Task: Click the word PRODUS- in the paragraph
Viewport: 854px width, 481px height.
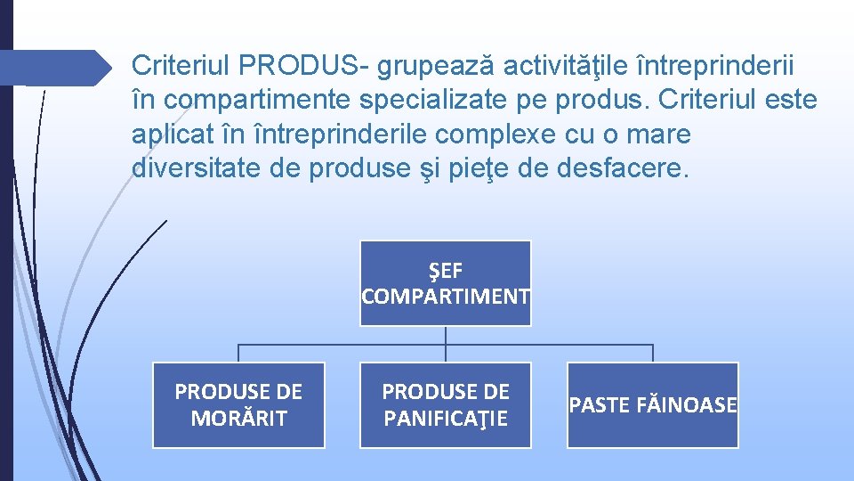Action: pyautogui.click(x=305, y=65)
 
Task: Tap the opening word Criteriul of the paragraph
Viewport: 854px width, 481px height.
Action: pyautogui.click(x=181, y=65)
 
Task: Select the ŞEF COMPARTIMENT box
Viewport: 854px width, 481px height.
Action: pyautogui.click(x=445, y=283)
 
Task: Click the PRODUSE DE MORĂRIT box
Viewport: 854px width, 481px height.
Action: pyautogui.click(x=238, y=404)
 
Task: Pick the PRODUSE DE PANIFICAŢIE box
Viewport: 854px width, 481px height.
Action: pyautogui.click(x=445, y=404)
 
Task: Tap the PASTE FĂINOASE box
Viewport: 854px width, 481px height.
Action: pyautogui.click(x=653, y=404)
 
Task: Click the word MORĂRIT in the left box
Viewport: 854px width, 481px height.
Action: pyautogui.click(x=238, y=418)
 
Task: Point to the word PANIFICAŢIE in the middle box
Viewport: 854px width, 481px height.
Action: pyautogui.click(x=445, y=418)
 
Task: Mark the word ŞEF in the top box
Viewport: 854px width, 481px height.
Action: pyautogui.click(x=445, y=271)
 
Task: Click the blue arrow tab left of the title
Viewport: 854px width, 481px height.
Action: pyautogui.click(x=53, y=68)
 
